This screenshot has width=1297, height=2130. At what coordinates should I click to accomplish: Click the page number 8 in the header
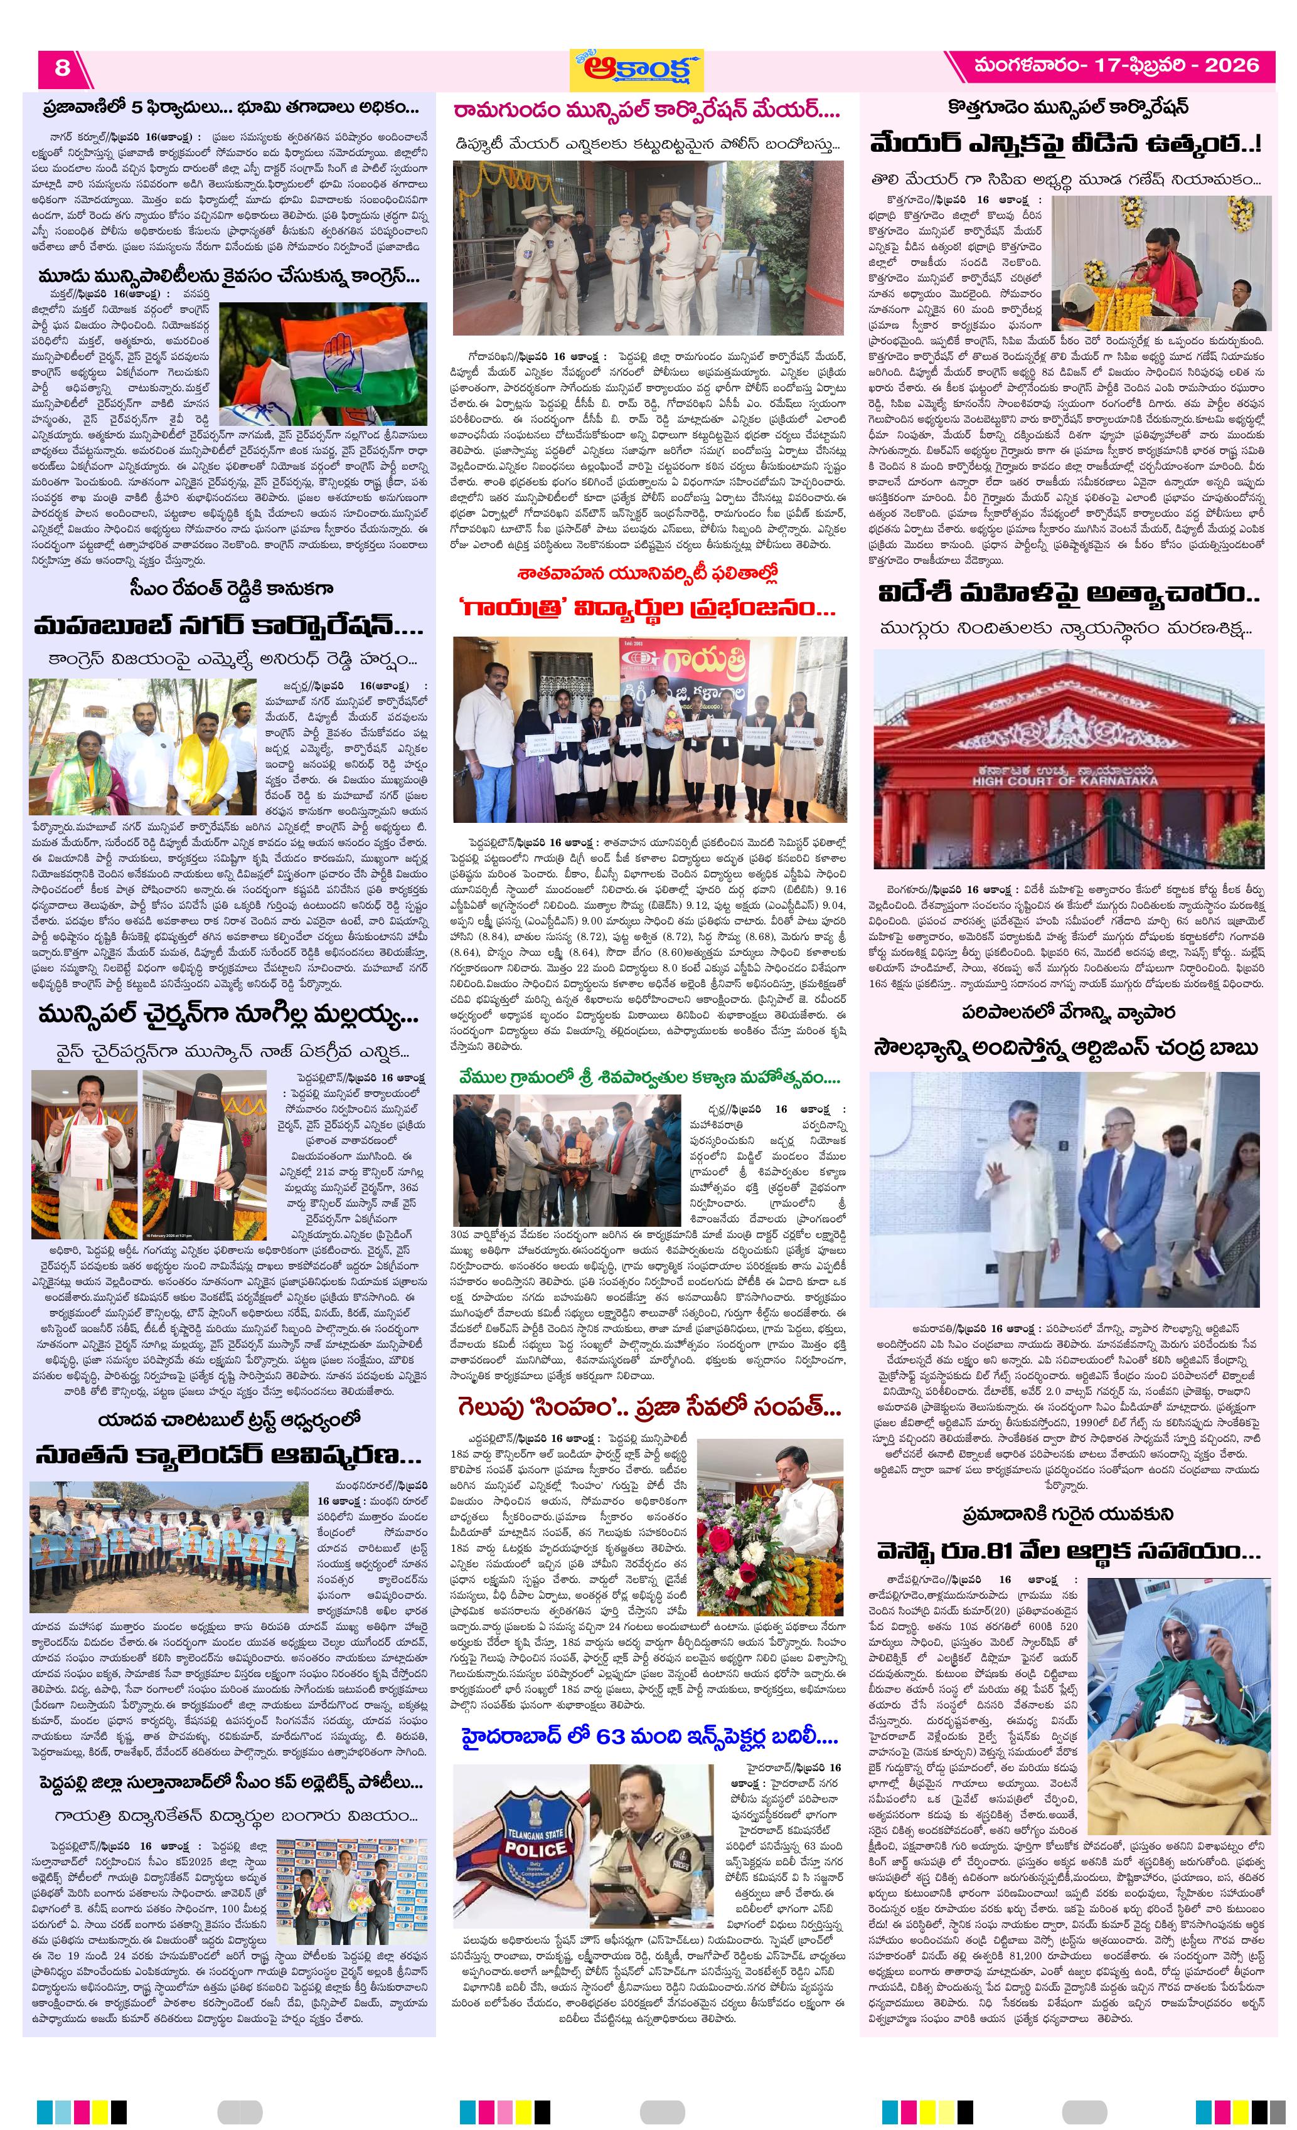click(61, 66)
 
